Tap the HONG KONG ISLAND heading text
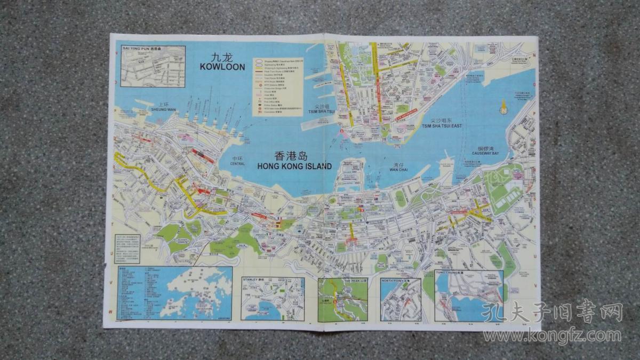[x=294, y=166]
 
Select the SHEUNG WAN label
[x=163, y=109]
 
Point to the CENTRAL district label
[x=238, y=164]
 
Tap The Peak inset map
[x=343, y=299]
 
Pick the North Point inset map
[x=401, y=300]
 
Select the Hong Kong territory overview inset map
[x=175, y=293]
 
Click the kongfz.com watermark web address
[x=553, y=335]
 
